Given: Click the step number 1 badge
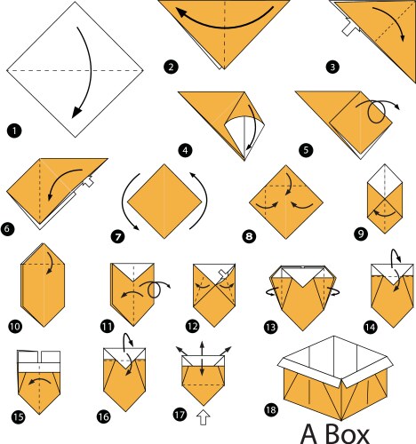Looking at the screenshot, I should [13, 131].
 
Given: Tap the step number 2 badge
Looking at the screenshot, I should [169, 66].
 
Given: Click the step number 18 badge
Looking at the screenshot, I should [270, 408].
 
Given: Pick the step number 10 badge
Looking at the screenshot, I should [14, 326].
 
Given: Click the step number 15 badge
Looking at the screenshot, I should [19, 414].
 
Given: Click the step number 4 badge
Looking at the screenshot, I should [184, 151].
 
